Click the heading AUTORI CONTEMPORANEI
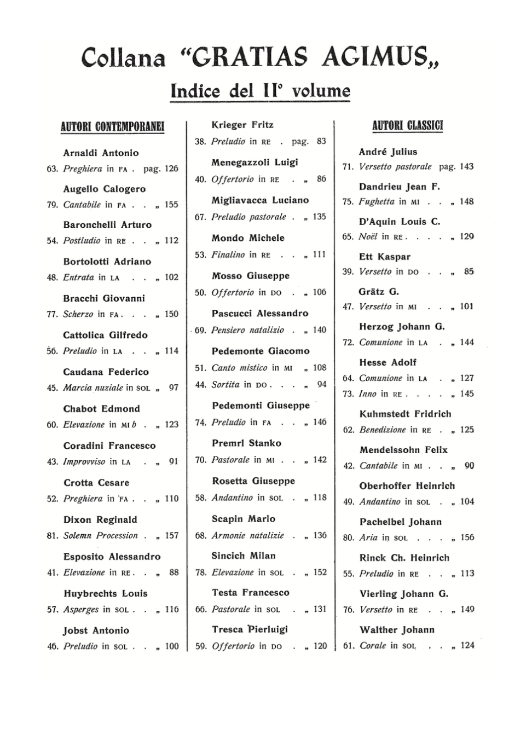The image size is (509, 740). pos(113,127)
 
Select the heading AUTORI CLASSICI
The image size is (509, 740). pos(408,126)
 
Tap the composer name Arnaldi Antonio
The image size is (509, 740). pos(101,153)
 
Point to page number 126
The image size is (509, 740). pos(171,169)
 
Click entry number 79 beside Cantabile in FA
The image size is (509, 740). pos(52,205)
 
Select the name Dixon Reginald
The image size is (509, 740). pos(100,519)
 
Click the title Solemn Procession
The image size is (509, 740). pos(101,535)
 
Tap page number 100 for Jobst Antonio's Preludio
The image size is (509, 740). pos(172,646)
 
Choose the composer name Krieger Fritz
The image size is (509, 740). pos(242,125)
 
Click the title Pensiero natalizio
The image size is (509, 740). pos(248,330)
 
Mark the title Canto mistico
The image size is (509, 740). pos(239,368)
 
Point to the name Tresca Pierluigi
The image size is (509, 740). pos(250,629)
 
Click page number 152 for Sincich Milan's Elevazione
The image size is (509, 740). pos(320,573)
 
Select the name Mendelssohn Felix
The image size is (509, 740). pos(403,450)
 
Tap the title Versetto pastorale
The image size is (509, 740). pos(395,166)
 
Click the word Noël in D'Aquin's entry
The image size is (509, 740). pos(368,236)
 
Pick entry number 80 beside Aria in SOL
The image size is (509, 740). pos(349,538)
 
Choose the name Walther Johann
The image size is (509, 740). pos(397,630)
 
